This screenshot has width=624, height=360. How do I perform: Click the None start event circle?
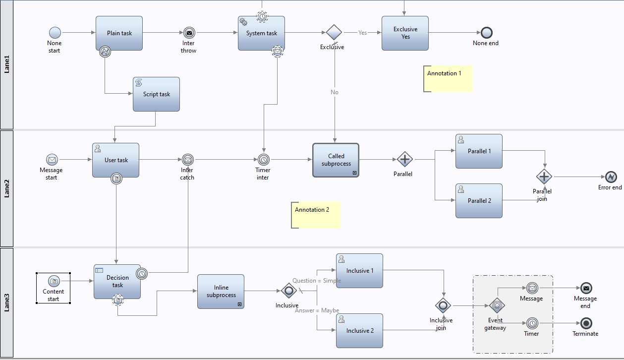tap(55, 33)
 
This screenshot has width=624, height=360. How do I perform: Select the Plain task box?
tap(119, 33)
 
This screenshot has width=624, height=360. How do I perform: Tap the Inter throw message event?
tap(189, 33)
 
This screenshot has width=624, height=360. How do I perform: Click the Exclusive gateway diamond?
tap(334, 32)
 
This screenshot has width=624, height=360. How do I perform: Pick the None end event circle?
tap(486, 33)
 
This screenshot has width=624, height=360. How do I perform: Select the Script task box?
tap(156, 94)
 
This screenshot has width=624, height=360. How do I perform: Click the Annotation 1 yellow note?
tap(448, 79)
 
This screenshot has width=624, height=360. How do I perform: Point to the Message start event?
tap(52, 160)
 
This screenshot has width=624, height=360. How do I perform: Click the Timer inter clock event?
tap(264, 160)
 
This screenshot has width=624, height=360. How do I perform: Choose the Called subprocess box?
tap(336, 160)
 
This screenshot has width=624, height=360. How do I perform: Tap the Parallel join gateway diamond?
tap(544, 177)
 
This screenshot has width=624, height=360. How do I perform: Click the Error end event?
tap(611, 177)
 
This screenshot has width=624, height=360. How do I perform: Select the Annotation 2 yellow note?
tap(316, 215)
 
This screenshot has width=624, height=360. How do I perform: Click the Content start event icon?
tap(54, 281)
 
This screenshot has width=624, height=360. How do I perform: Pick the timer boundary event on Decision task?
tap(142, 274)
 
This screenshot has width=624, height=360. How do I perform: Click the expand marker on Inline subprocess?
tap(239, 304)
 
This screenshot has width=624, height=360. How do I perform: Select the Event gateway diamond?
tap(497, 305)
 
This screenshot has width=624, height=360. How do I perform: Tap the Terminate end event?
tap(586, 323)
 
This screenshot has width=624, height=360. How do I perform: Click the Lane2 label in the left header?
tap(6, 188)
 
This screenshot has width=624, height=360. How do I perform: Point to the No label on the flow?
tap(334, 92)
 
